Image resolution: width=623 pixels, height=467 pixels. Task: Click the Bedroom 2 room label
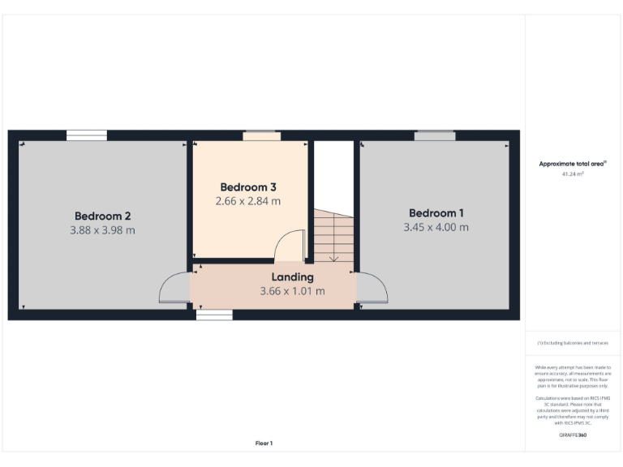click(103, 216)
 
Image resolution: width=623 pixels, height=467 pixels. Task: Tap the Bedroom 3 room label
click(248, 186)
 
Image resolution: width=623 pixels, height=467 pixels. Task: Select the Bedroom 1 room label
click(436, 212)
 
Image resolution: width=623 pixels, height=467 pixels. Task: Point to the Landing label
click(292, 277)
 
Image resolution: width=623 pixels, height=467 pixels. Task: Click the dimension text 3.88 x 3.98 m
click(103, 230)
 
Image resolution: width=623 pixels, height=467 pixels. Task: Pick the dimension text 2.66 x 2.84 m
click(248, 201)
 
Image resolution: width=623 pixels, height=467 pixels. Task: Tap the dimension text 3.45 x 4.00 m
click(436, 227)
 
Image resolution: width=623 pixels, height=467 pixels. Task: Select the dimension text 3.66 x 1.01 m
click(292, 291)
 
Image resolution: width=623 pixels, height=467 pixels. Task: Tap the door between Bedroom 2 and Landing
click(174, 289)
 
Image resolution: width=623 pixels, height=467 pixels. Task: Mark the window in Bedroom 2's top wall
click(87, 135)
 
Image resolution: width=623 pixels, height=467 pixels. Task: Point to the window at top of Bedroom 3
click(261, 135)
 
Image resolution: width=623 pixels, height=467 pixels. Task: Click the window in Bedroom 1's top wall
click(435, 135)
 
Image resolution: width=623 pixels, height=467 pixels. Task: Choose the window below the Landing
click(214, 315)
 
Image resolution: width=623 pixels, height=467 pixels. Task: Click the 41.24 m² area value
click(573, 174)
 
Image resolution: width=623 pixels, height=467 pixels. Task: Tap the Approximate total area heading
click(573, 164)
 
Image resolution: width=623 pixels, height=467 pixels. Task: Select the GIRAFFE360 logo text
click(573, 435)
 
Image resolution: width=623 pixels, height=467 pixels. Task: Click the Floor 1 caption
click(264, 443)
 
